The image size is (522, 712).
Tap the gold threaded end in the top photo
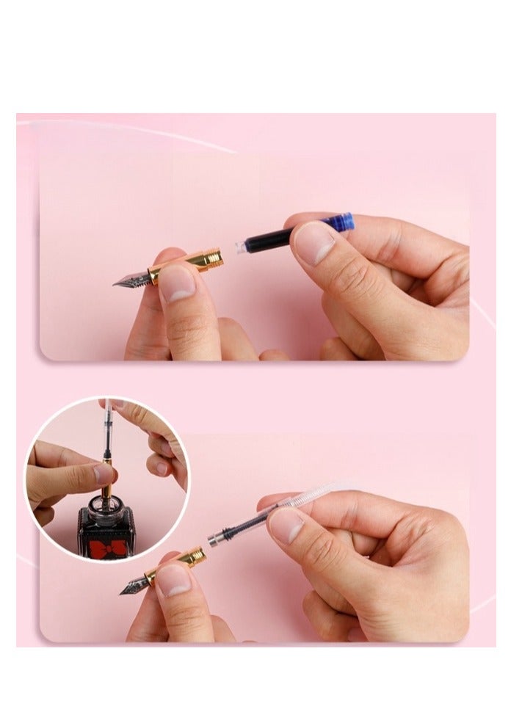point(213,258)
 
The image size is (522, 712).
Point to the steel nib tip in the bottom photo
point(125,590)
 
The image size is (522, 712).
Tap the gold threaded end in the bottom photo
point(198,556)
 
